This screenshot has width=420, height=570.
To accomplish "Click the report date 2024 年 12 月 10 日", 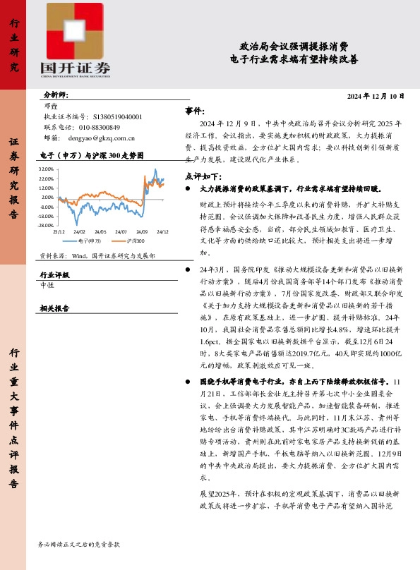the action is click(x=376, y=96).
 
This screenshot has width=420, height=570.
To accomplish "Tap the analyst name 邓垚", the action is click(x=51, y=106).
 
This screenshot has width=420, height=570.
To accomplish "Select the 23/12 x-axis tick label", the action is click(x=59, y=231).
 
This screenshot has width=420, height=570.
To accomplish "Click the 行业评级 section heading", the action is click(x=54, y=275).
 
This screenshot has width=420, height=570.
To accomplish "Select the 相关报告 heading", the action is click(x=54, y=308).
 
